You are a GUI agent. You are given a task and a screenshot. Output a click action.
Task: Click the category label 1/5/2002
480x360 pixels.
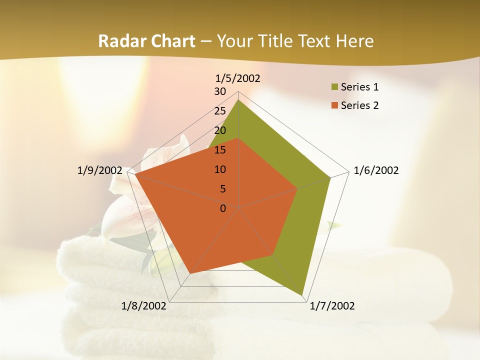tap(238, 78)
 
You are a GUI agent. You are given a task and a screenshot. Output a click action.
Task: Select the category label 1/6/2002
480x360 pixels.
tap(376, 170)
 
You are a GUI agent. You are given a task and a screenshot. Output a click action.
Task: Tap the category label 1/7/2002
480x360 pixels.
tap(332, 306)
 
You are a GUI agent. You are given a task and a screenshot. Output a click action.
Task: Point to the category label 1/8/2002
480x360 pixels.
tap(144, 306)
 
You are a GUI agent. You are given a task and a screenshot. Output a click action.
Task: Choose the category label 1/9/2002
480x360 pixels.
tap(100, 170)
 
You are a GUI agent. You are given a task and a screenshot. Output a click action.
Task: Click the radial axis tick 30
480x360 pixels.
tap(220, 91)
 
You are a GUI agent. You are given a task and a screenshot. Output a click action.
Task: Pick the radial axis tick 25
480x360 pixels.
tap(220, 111)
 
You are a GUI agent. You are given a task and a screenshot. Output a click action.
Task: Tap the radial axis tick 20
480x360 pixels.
tap(220, 130)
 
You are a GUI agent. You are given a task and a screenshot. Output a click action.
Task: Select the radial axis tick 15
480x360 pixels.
tap(220, 150)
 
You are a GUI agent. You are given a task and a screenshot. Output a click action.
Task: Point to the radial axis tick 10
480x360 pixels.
tap(220, 169)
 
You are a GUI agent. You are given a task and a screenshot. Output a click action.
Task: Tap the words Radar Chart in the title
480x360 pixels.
tap(146, 41)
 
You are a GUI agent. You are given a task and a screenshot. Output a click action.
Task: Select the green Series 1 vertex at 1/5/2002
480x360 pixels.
tap(238, 99)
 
